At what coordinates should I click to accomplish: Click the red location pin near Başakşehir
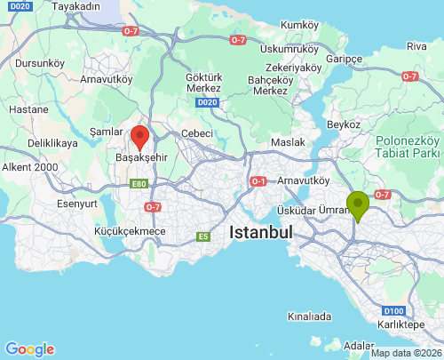[x=139, y=137]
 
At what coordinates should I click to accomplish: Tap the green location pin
[x=358, y=204]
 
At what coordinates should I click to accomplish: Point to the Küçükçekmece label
[x=130, y=231]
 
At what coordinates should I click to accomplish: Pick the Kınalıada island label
[x=310, y=316]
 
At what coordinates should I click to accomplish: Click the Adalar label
[x=359, y=345]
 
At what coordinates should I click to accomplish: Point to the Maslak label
[x=288, y=142]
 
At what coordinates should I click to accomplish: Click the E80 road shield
[x=138, y=184]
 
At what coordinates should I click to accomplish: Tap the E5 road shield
[x=203, y=236]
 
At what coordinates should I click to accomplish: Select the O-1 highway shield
[x=258, y=181]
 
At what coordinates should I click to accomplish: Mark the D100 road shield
[x=395, y=311]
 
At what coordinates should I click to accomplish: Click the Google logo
[x=29, y=349]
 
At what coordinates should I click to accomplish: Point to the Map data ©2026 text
[x=405, y=353]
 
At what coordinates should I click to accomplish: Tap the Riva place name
[x=416, y=45]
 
